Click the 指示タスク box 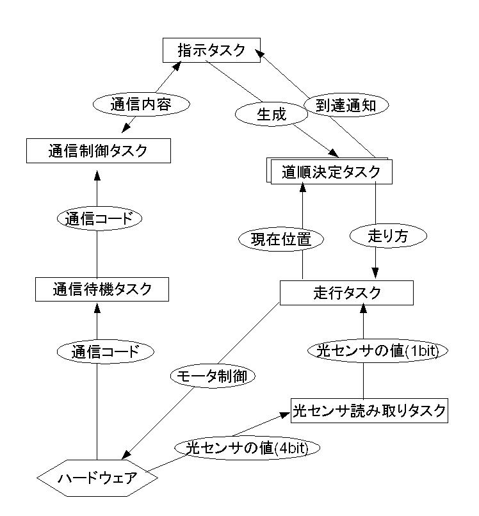coord(211,51)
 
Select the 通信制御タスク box coord(98,151)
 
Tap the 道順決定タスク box coord(331,172)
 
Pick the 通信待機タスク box coord(102,289)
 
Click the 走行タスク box coord(346,293)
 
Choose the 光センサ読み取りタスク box coord(368,410)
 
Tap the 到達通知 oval coord(346,105)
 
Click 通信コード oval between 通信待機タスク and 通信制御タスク coord(99,218)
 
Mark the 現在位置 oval coord(281,240)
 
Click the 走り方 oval coord(388,236)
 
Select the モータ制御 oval coord(212,376)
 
